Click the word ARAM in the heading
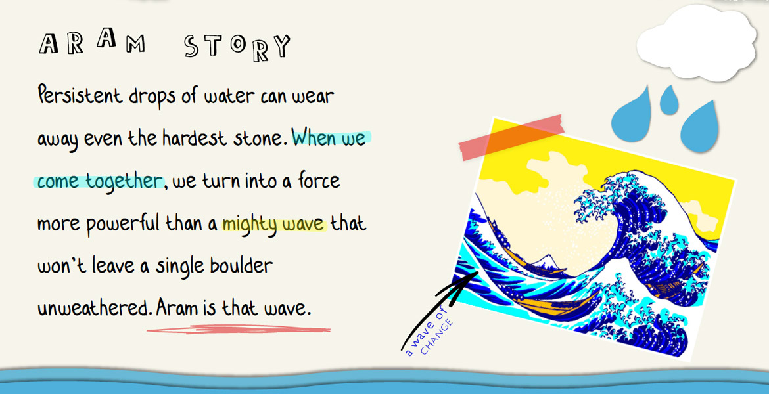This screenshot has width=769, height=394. pyautogui.click(x=92, y=41)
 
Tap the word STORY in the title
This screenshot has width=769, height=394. pyautogui.click(x=237, y=47)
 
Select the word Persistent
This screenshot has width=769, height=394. pyautogui.click(x=80, y=95)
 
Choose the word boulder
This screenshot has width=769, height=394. pyautogui.click(x=241, y=265)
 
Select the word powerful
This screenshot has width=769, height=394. pyautogui.click(x=123, y=225)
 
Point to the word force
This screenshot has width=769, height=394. pyautogui.click(x=319, y=181)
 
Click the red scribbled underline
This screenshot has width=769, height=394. pyautogui.click(x=239, y=330)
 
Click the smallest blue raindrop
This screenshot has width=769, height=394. pyautogui.click(x=669, y=100)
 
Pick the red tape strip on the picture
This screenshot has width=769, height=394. pyautogui.click(x=511, y=138)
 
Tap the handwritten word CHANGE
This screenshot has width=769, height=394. pyautogui.click(x=436, y=337)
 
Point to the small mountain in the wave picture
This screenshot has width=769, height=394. pyautogui.click(x=546, y=262)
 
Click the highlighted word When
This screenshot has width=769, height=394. pyautogui.click(x=314, y=138)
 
